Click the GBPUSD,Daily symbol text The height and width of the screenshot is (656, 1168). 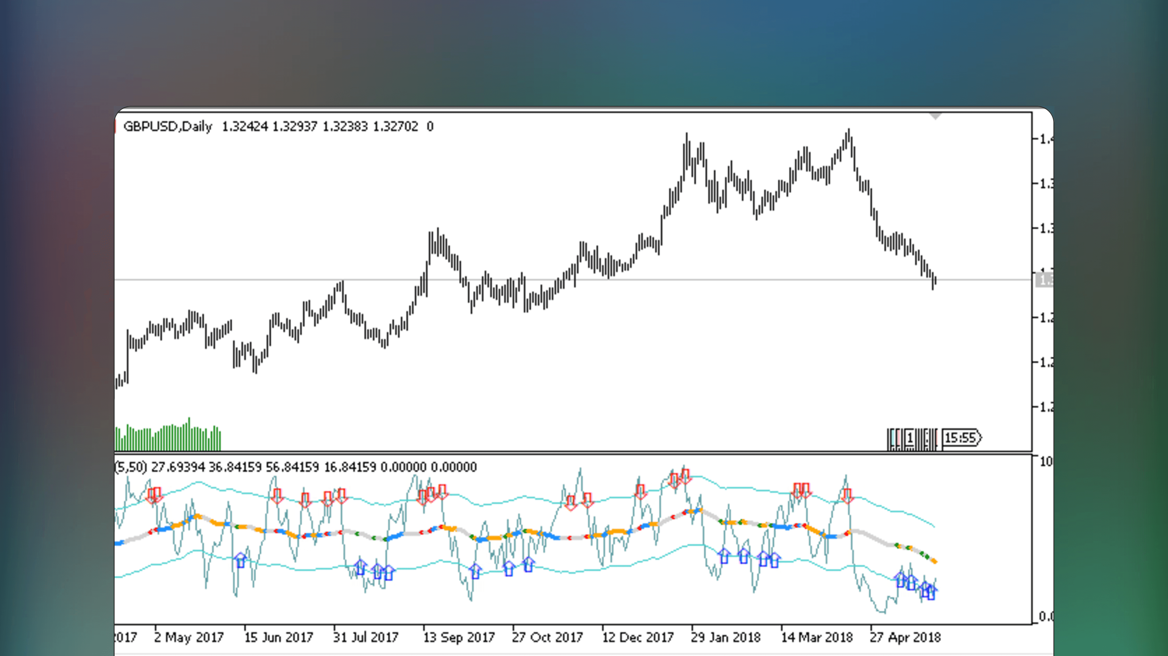tap(167, 126)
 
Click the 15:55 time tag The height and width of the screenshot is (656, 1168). tap(961, 438)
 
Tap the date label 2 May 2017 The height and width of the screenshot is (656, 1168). tap(189, 637)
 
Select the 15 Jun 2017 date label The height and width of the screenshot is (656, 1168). tap(278, 637)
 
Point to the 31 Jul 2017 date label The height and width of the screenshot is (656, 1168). tap(365, 637)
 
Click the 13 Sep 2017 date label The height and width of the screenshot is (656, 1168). tap(458, 637)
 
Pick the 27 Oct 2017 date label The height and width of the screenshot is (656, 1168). tap(547, 637)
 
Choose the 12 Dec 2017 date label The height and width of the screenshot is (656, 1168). tap(638, 637)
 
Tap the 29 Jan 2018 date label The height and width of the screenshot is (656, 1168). tap(725, 637)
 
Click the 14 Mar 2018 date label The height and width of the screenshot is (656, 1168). tap(817, 637)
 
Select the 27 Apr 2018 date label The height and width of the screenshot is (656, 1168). tap(905, 637)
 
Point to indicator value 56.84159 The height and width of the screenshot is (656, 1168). tap(292, 467)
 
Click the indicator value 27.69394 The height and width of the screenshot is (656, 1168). tap(178, 467)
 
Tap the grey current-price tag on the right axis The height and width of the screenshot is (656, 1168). tap(1044, 280)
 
